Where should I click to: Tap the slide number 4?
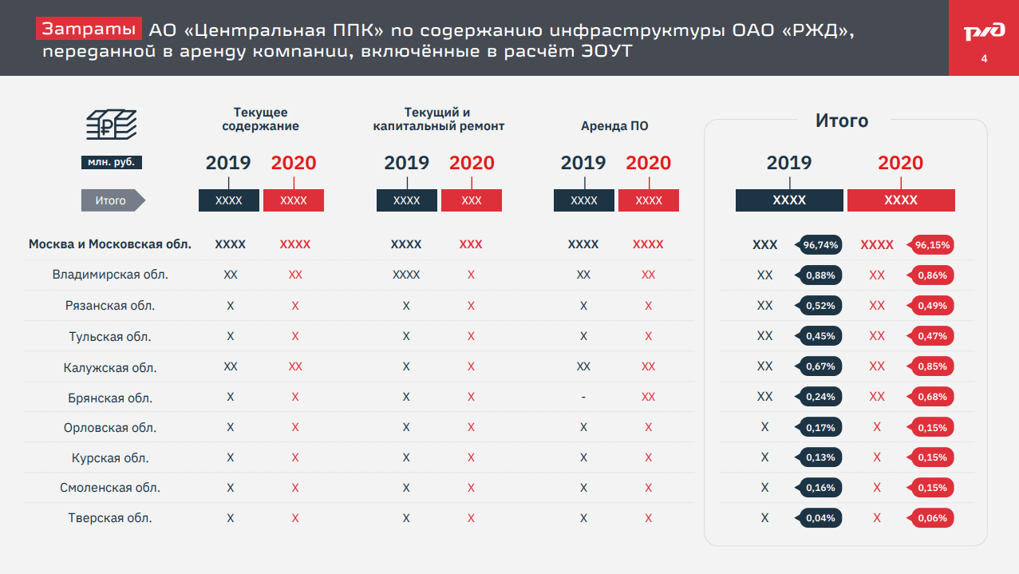point(983,60)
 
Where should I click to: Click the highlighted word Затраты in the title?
point(89,30)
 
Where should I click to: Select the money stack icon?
point(111,125)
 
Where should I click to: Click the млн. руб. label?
point(111,162)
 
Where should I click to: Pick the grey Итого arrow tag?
point(113,200)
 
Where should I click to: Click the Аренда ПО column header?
point(614,126)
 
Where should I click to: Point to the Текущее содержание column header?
point(261,119)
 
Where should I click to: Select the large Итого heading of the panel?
point(842,121)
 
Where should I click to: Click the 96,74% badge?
point(821,245)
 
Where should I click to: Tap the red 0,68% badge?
point(932,397)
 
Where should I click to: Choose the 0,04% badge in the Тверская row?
point(821,518)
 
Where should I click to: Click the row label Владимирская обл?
point(110,275)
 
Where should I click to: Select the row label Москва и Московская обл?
point(110,244)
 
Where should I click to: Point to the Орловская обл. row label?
point(110,428)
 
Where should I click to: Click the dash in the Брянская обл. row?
point(583,398)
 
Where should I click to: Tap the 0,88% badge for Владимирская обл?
point(821,275)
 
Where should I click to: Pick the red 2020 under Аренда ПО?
point(648,163)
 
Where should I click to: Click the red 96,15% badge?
point(932,245)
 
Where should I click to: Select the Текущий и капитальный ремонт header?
point(439,119)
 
